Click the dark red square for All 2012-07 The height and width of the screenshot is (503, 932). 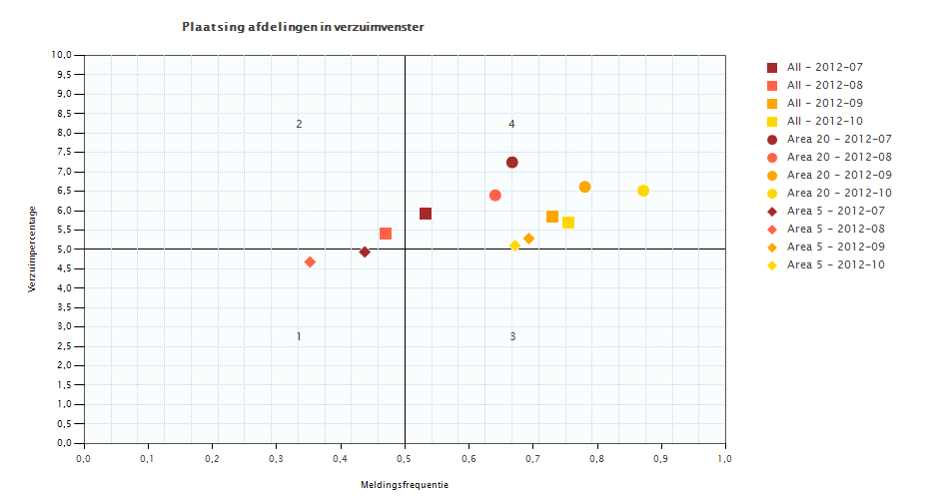[426, 214]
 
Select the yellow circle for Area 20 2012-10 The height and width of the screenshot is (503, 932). [643, 191]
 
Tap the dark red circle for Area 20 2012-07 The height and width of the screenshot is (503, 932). [512, 163]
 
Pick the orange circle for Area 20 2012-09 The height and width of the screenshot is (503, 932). [585, 187]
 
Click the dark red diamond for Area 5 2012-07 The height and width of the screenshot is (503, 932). [365, 252]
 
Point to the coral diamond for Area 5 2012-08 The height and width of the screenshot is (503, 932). [310, 262]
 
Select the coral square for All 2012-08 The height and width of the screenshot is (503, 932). [386, 234]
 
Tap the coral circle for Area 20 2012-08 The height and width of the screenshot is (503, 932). [495, 196]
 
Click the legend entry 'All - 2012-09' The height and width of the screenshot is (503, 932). [824, 103]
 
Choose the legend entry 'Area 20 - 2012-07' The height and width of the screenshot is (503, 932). [838, 139]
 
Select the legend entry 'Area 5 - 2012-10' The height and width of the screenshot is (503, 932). [835, 264]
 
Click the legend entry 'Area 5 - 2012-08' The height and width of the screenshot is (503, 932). [835, 229]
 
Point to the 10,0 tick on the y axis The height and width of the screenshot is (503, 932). [62, 56]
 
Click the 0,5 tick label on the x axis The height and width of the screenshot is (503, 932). [405, 459]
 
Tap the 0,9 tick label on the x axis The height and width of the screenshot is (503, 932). [661, 459]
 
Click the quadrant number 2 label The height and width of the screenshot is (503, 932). [299, 125]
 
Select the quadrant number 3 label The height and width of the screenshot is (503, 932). [512, 337]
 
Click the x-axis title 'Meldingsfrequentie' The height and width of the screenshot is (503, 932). [405, 485]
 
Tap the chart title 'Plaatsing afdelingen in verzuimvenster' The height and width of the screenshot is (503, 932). [303, 27]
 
